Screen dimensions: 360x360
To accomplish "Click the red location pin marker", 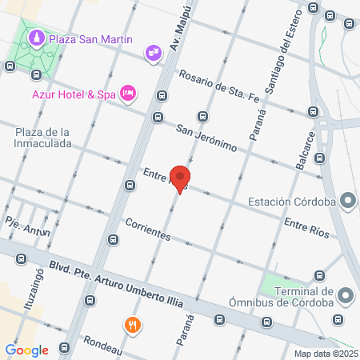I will [181, 179].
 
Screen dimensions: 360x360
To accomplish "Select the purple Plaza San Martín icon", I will [36, 38].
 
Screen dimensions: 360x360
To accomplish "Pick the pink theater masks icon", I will [153, 54].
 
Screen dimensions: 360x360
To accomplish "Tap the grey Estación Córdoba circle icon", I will [346, 200].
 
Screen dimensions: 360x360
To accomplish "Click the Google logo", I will [27, 350].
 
